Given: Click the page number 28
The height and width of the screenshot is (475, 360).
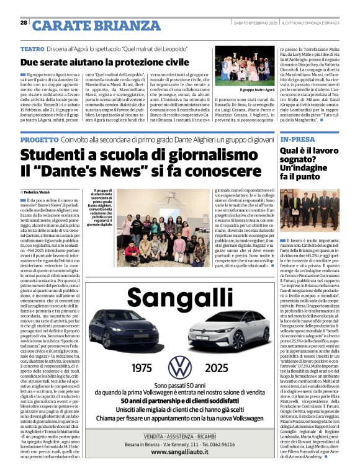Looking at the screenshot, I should pos(24,22).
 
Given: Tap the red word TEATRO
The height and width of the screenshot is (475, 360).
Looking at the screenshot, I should pos(32,48).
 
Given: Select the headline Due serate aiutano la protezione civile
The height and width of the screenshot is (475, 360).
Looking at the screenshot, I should pos(104,63).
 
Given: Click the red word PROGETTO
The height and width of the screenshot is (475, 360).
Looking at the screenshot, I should pos(39,140).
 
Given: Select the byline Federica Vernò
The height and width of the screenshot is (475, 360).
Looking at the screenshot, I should pos(41,193).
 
